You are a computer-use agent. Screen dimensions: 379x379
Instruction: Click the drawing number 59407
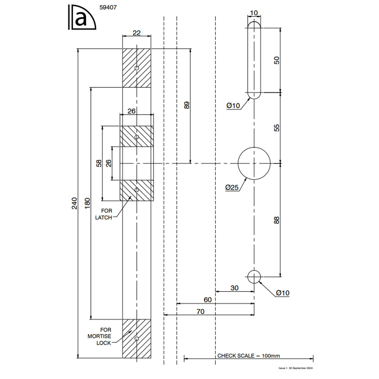[108, 7]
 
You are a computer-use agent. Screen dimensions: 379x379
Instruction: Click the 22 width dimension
[136, 33]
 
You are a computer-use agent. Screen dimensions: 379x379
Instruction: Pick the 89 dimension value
[186, 105]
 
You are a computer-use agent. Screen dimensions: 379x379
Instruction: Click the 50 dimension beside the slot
[277, 60]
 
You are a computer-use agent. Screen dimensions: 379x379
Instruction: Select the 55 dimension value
[277, 128]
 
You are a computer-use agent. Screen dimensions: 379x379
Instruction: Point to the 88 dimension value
[277, 220]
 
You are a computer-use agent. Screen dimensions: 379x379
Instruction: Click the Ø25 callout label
[232, 187]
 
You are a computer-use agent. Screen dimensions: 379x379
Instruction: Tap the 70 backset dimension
[200, 312]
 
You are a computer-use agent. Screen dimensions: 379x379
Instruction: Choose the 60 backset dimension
[207, 300]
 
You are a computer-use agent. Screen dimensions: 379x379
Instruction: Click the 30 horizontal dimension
[234, 288]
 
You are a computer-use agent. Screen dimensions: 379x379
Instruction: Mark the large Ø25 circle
[254, 163]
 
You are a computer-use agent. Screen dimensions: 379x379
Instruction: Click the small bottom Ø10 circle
[254, 277]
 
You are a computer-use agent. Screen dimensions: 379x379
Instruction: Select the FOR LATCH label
[104, 214]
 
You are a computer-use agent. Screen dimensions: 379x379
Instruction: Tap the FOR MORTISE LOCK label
[100, 336]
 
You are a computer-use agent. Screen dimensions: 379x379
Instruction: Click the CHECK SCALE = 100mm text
[249, 356]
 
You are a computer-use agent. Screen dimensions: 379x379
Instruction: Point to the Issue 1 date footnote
[295, 368]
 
